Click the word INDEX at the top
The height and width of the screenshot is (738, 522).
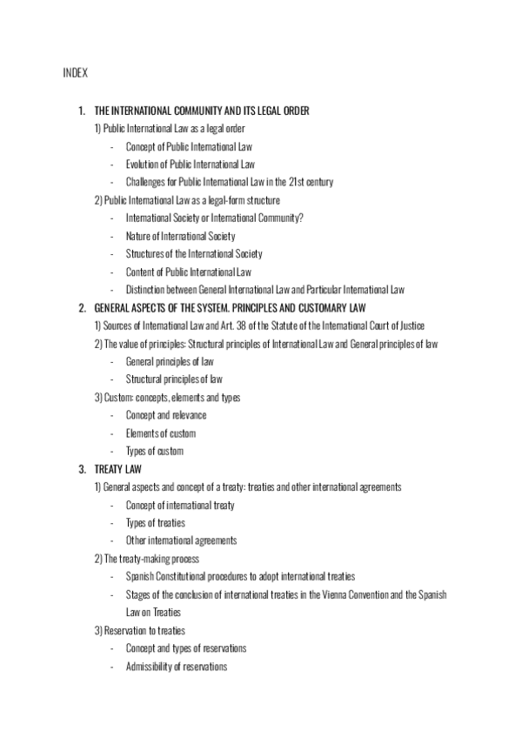click(x=75, y=72)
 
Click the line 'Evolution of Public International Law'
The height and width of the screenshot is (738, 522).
click(x=190, y=164)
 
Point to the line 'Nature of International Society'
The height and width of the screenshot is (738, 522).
click(x=180, y=236)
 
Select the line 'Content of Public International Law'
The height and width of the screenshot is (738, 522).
click(x=189, y=272)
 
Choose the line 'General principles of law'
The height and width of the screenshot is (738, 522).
click(x=170, y=361)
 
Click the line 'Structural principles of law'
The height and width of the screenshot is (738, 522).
click(x=174, y=379)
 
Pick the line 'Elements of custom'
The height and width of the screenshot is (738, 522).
click(x=161, y=433)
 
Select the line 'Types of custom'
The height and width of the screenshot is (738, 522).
click(x=155, y=451)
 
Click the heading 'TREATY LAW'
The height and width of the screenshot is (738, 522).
click(x=111, y=469)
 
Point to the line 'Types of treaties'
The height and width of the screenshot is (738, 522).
click(x=156, y=522)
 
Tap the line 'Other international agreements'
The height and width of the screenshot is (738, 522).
click(x=181, y=540)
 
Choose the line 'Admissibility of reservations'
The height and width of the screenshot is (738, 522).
click(x=177, y=667)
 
